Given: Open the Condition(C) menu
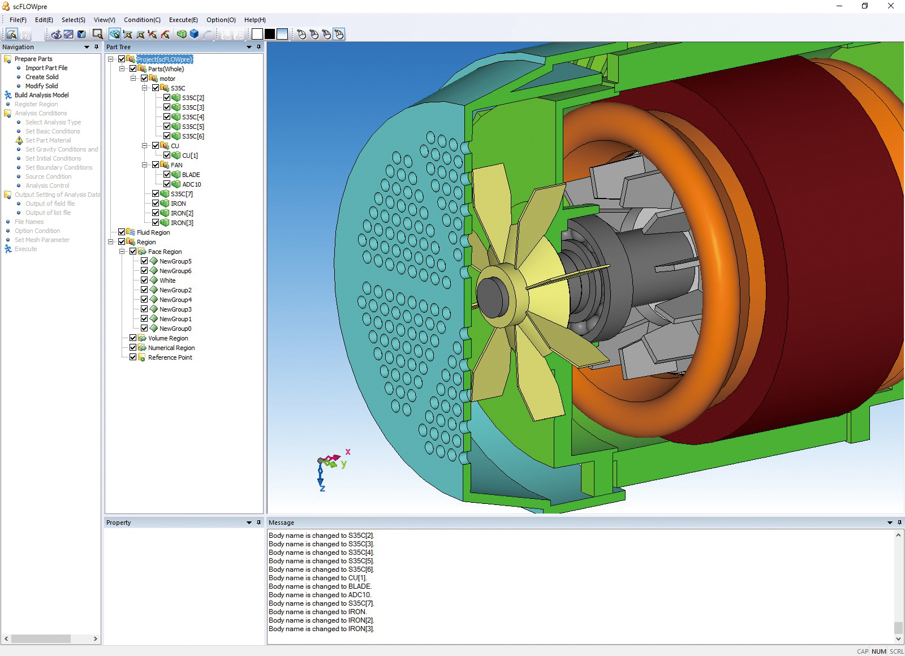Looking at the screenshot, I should click(142, 20).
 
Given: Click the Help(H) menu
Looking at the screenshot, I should click(255, 20).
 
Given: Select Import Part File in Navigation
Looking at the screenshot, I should click(46, 68).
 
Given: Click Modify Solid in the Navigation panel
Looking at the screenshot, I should click(41, 86).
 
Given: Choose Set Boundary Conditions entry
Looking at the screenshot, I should click(58, 167).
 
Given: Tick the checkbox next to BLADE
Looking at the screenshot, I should click(167, 174).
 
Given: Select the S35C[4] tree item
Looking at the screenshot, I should click(192, 117).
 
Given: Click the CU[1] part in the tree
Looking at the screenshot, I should click(189, 156).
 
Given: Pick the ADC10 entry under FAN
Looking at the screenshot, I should click(191, 184).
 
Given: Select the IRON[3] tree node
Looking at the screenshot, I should click(182, 223).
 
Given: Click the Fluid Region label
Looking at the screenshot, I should click(153, 232).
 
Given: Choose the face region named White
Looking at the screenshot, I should click(167, 280).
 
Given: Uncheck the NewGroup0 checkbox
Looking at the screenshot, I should click(144, 328).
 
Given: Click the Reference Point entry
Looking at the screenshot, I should click(170, 357).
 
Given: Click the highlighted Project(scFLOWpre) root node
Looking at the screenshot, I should click(164, 59).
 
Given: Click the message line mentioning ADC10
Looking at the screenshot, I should click(320, 595).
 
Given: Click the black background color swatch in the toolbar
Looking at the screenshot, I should click(270, 34).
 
